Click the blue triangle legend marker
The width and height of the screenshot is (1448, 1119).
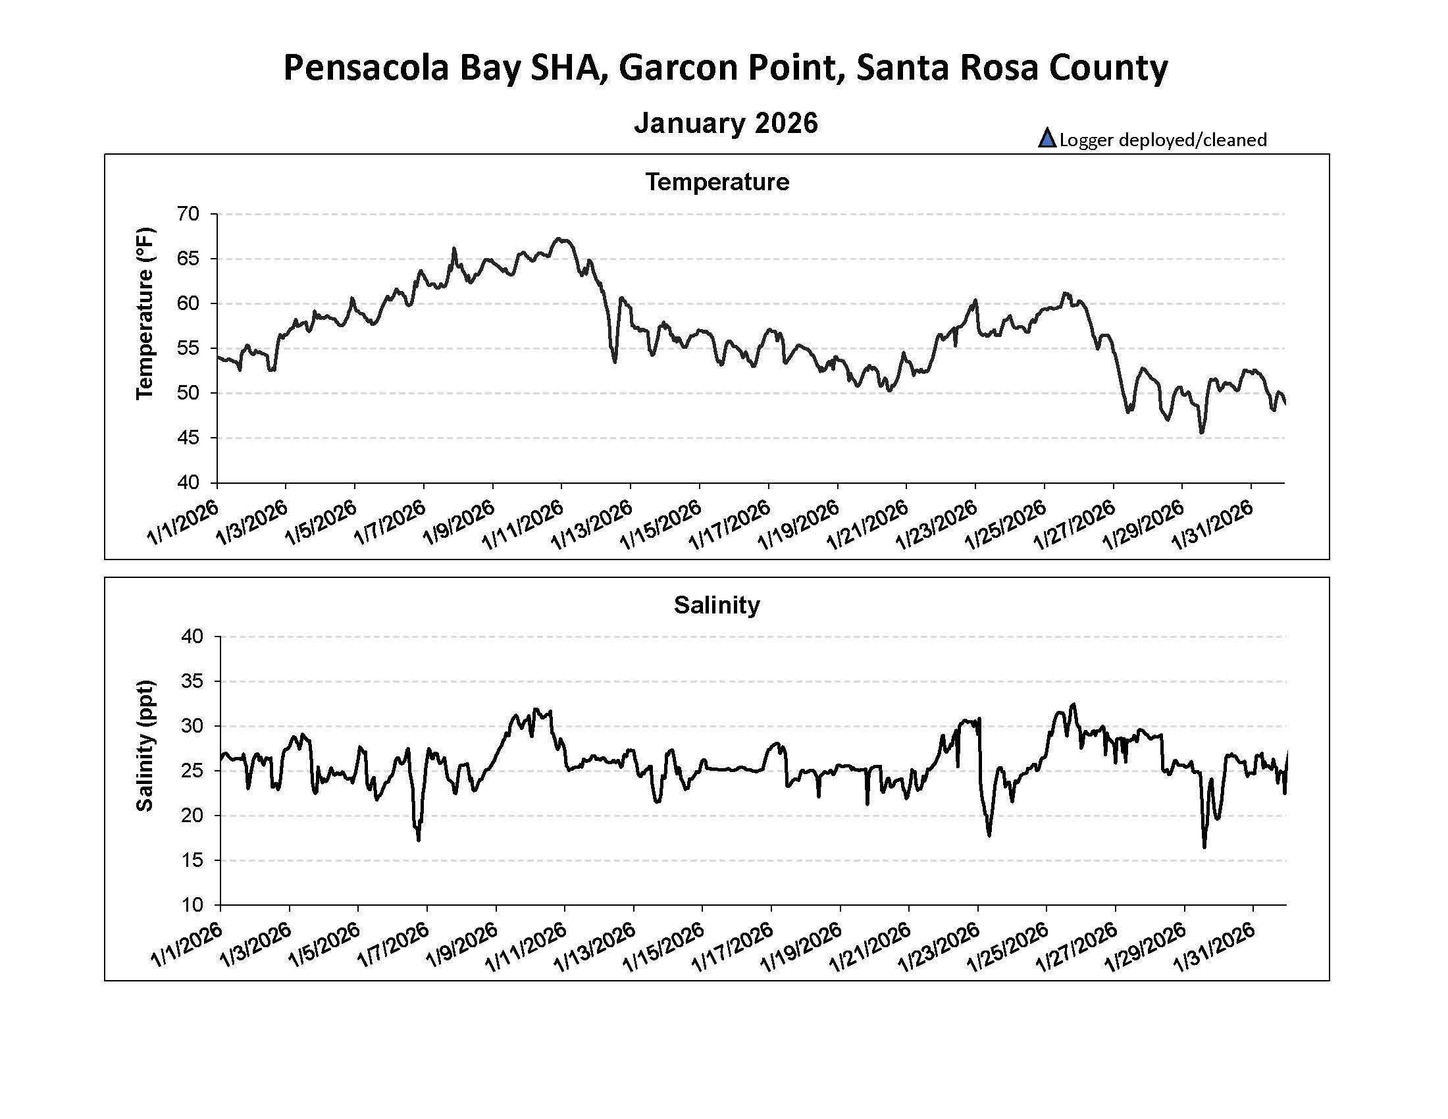tap(1047, 138)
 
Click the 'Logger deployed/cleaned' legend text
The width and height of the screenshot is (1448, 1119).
tap(1163, 140)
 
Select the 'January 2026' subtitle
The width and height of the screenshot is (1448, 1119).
tap(725, 123)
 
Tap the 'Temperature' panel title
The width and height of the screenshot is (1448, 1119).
tap(717, 182)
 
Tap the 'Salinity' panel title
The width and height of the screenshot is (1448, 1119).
tap(717, 604)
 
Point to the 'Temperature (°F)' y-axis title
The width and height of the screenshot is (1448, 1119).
tap(145, 313)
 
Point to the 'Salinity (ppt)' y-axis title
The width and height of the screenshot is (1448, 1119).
tap(145, 745)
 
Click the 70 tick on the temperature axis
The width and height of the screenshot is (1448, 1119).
tap(188, 214)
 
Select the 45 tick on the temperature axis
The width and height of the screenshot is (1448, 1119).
tap(188, 438)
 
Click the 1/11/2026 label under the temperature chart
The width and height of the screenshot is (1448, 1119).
tap(524, 525)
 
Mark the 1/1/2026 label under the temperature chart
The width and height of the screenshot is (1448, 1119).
tap(183, 524)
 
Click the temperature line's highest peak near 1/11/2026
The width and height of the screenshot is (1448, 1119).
tap(560, 239)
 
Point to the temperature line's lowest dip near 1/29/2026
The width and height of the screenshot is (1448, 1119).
tap(1202, 432)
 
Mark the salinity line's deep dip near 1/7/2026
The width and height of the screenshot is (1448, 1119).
tap(419, 840)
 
